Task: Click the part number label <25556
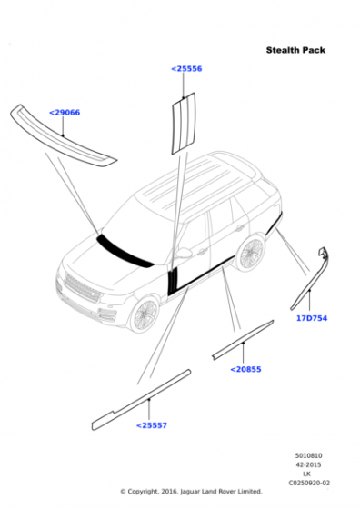coord(186,69)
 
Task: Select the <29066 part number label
coord(65,113)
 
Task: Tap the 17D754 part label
coord(312,318)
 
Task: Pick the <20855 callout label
coord(245,369)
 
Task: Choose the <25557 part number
coord(151,425)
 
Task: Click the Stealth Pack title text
coord(295,50)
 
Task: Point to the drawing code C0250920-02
coord(309,483)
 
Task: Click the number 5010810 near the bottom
coord(308,455)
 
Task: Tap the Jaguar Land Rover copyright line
coord(191,492)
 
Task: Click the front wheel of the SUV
coord(145,314)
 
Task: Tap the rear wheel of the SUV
coord(250,254)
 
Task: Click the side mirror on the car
coord(184,253)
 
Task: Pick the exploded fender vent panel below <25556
coord(184,124)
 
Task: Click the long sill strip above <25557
coord(141,400)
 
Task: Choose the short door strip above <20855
coord(243,339)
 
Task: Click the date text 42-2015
coord(308,464)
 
